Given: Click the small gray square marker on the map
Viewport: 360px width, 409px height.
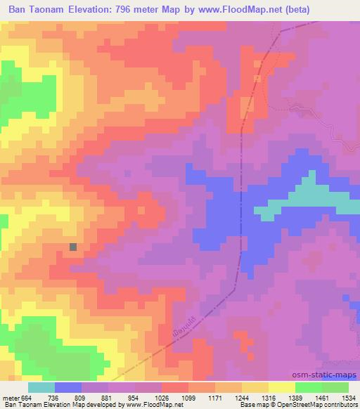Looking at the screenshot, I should tap(74, 247).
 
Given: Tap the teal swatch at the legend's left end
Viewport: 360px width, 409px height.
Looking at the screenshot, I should tap(41, 387).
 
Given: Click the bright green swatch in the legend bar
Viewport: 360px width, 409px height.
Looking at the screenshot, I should tap(309, 387).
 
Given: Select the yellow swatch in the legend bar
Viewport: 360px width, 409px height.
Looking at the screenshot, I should tap(282, 387).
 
